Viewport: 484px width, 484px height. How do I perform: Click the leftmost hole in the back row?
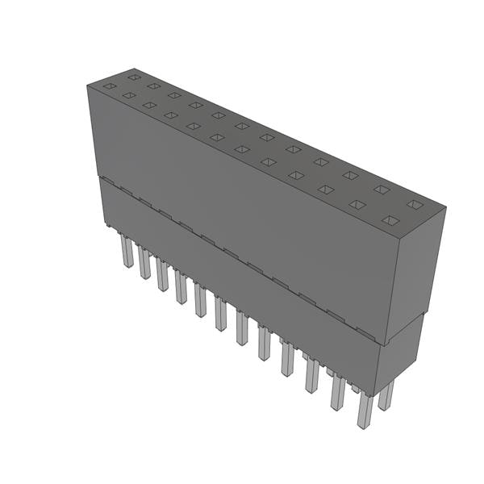(134, 77)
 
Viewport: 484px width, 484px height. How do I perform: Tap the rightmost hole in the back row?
(414, 204)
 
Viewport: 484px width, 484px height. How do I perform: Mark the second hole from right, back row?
(382, 190)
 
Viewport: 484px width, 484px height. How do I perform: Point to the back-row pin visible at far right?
(386, 394)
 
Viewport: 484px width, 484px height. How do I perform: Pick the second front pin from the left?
(144, 263)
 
